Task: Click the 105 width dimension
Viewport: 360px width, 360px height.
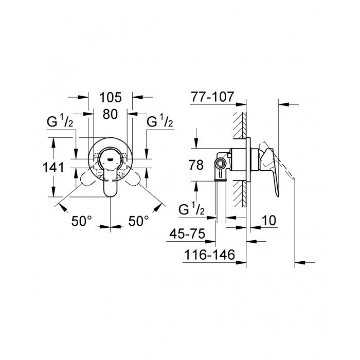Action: (x=110, y=97)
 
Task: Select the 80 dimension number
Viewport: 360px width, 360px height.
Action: (x=110, y=114)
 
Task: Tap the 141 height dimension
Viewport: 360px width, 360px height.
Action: (x=53, y=167)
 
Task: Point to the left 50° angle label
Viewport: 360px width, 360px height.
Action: (x=81, y=221)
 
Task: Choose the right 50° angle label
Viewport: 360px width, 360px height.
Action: (x=139, y=221)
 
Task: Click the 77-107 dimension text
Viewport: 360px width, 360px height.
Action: (x=212, y=97)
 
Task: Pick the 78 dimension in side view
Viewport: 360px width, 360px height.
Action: (x=196, y=165)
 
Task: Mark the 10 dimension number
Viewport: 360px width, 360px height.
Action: (x=269, y=221)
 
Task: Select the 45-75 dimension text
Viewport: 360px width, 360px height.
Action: (x=187, y=234)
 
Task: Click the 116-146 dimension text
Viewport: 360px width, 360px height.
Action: (x=210, y=255)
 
